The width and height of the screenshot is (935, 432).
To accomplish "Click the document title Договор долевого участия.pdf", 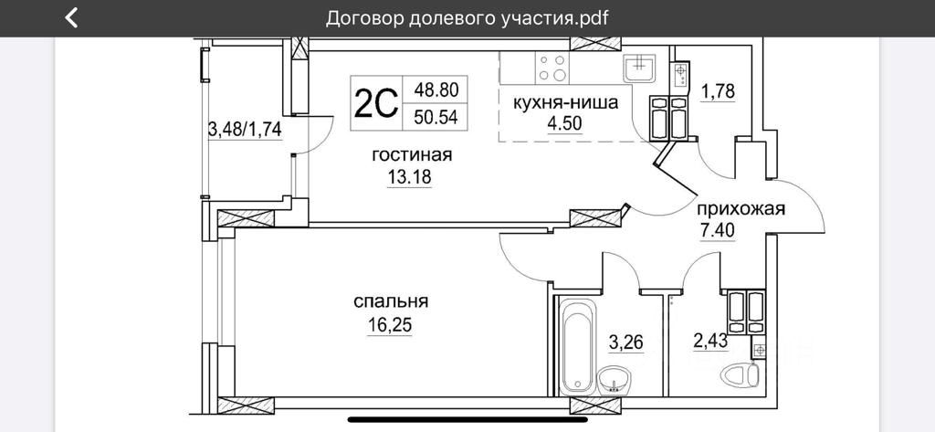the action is click(467, 17).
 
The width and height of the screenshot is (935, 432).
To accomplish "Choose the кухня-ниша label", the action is click(565, 102).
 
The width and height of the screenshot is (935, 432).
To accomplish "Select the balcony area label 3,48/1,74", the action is click(245, 129).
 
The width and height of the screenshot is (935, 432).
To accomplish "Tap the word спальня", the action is click(391, 301).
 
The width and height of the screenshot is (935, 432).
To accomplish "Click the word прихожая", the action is click(741, 208).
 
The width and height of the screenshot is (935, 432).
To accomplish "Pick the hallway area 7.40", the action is click(718, 229).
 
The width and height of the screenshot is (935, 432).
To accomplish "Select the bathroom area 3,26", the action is click(626, 342).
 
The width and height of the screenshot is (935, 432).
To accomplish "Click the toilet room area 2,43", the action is click(711, 342).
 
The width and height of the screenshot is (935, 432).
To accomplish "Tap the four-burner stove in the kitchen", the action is click(552, 69).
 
